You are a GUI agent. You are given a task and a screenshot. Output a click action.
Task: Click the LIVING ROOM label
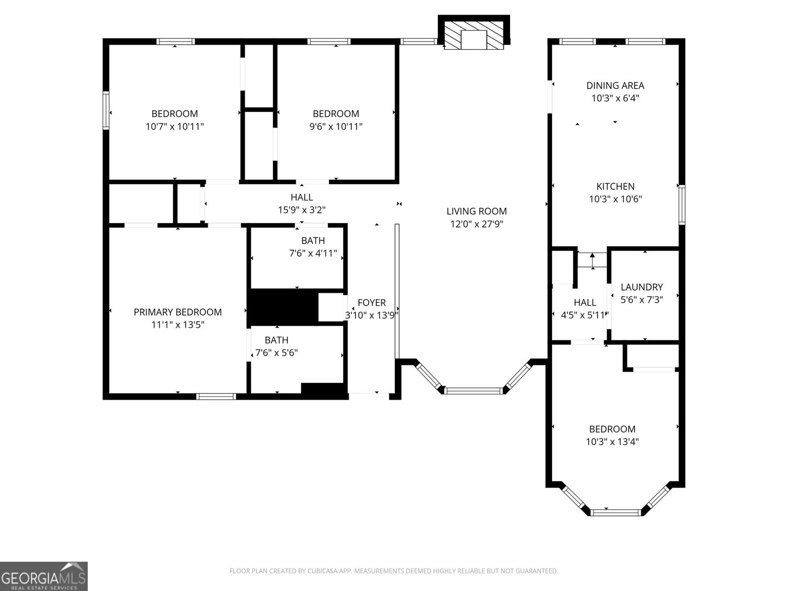476,211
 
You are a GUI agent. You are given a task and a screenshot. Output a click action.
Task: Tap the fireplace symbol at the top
474,33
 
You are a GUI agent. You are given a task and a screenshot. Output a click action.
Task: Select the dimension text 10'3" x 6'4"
615,98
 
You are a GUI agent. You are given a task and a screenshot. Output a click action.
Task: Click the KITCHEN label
615,187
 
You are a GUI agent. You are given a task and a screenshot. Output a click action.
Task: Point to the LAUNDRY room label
641,287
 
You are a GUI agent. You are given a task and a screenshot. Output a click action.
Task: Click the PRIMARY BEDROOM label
177,312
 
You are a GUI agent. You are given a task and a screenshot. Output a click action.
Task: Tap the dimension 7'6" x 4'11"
313,254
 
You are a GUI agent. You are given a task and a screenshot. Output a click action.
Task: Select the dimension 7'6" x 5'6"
276,353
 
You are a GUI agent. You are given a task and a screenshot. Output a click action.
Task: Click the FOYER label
371,303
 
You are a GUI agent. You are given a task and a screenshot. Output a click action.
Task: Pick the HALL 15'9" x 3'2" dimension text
301,210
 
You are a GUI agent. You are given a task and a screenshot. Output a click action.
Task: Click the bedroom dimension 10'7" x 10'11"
174,127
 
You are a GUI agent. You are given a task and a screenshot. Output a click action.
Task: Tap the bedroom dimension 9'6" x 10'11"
336,127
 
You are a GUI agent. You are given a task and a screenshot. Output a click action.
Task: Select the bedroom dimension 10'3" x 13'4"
612,442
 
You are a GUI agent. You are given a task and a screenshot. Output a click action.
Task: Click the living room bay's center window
474,391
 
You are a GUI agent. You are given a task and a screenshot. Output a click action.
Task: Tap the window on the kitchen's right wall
682,204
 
